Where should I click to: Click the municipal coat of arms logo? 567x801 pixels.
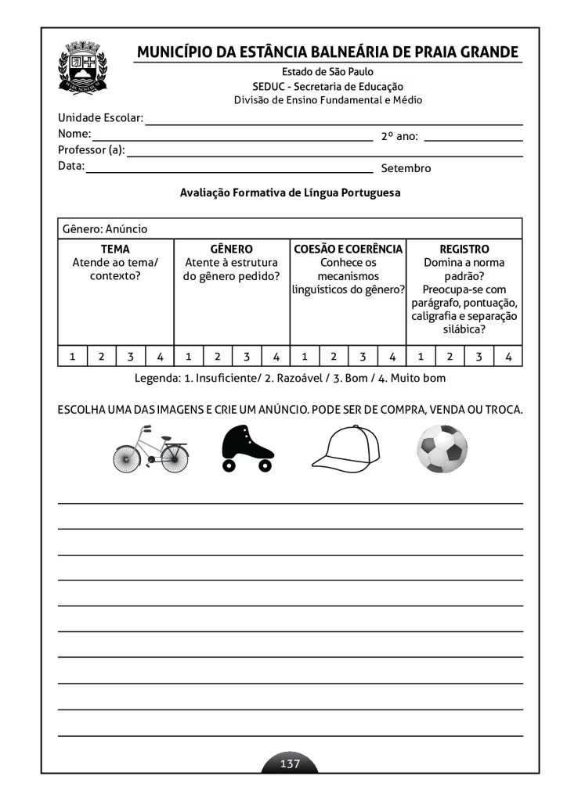tap(87, 69)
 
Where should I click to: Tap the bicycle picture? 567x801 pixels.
tap(150, 450)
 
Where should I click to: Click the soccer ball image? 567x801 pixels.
tap(442, 449)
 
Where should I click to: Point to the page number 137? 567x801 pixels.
tap(290, 763)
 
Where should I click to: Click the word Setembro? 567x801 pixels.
tap(406, 168)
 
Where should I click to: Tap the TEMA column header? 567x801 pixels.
tap(116, 250)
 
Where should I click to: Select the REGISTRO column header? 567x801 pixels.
tap(464, 250)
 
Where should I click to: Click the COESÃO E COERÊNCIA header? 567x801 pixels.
tap(348, 250)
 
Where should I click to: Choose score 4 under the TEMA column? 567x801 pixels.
tap(160, 357)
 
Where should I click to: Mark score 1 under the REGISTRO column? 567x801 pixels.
tap(421, 357)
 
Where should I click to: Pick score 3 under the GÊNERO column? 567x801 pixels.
tap(247, 357)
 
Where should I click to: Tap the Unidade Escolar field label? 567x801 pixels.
tap(100, 118)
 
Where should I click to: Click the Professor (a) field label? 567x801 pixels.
tap(92, 150)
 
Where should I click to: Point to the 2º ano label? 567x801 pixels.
tap(399, 136)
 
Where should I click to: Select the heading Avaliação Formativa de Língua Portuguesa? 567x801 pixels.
tap(290, 192)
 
